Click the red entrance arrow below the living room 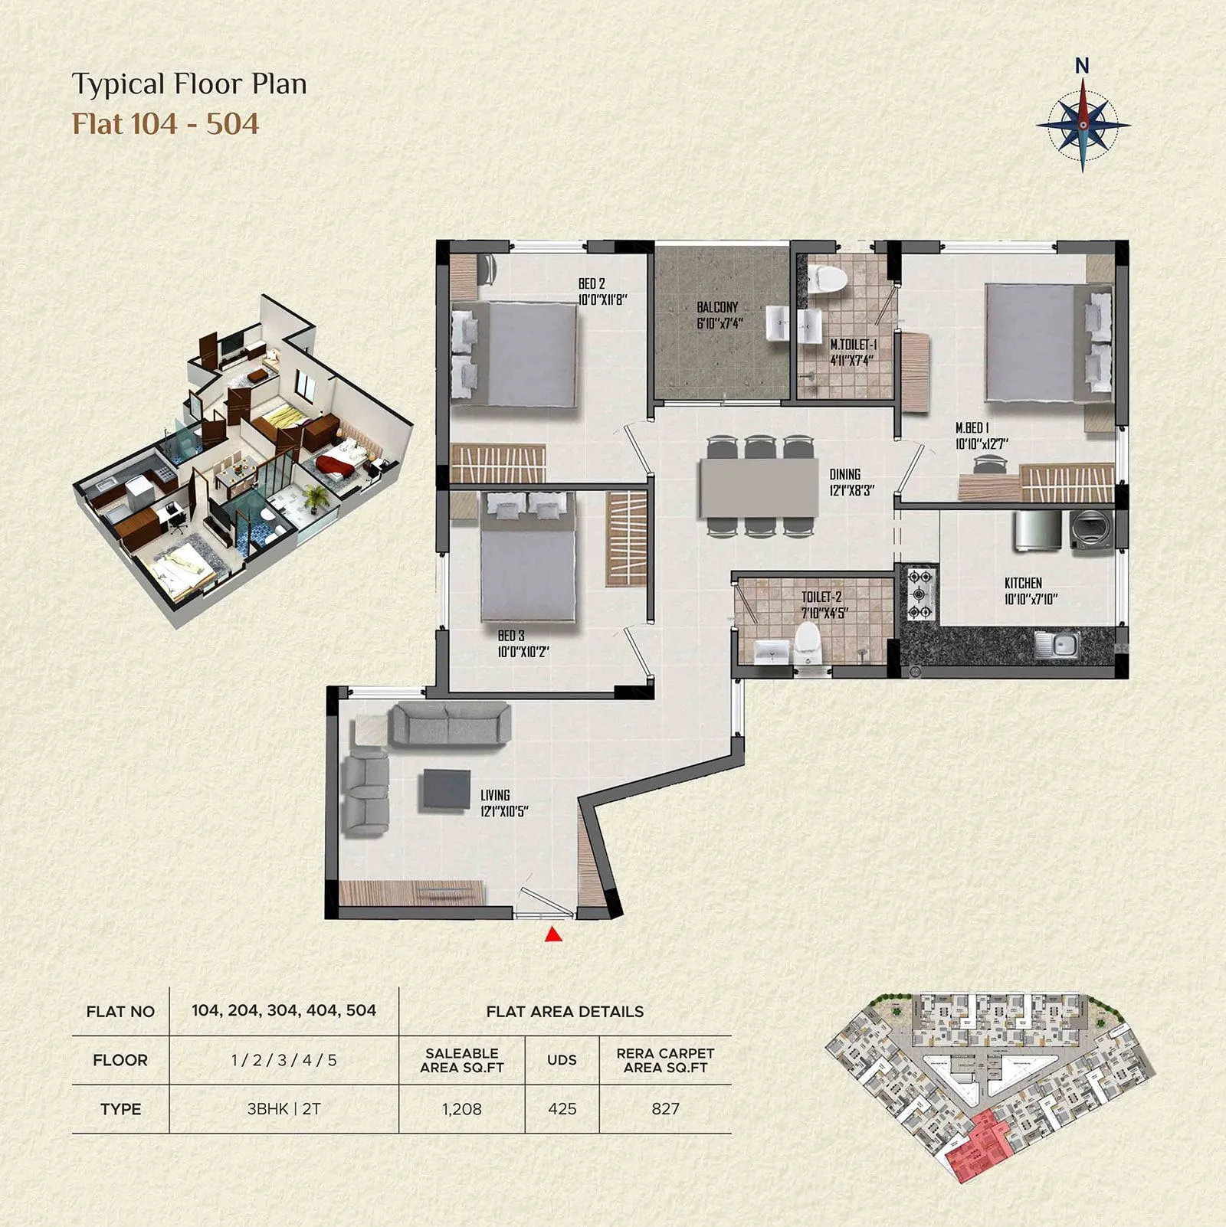[x=553, y=934]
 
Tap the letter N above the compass [x=1082, y=67]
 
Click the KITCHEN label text [x=1023, y=583]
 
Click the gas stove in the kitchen [x=919, y=594]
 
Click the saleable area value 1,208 [x=462, y=1108]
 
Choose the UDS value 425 [x=562, y=1108]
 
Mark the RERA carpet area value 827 [x=665, y=1108]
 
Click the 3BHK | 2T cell [x=284, y=1108]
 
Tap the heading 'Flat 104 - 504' [x=166, y=124]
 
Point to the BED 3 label [x=511, y=636]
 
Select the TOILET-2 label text [x=821, y=597]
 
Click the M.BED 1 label [x=972, y=428]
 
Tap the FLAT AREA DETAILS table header [x=565, y=1011]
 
